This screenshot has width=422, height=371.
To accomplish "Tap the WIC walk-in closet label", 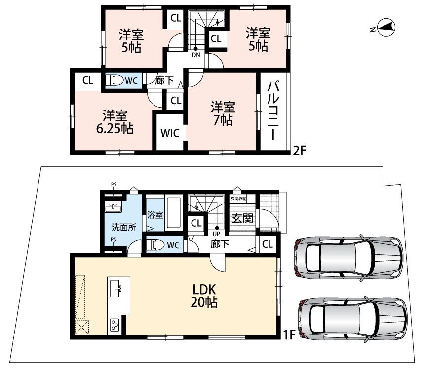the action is click(x=170, y=133).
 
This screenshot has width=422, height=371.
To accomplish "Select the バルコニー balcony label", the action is click(x=273, y=111).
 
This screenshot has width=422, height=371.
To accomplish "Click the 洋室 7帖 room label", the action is click(x=223, y=113).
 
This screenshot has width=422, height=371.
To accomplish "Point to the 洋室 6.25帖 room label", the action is click(x=115, y=122).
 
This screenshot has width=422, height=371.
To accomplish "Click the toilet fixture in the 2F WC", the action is click(x=114, y=80).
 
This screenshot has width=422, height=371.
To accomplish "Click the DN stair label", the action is click(x=196, y=55).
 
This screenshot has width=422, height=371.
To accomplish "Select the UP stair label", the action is click(x=216, y=234).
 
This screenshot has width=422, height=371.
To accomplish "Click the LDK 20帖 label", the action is click(x=204, y=296).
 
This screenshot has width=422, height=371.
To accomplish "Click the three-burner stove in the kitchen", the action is click(x=115, y=325).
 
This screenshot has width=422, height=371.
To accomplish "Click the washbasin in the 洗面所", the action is click(x=114, y=207).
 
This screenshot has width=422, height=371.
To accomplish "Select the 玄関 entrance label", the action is click(x=242, y=218).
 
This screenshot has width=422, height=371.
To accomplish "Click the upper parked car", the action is click(x=348, y=259).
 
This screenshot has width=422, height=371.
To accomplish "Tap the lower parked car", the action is click(x=352, y=319).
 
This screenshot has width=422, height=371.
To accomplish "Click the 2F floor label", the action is click(x=300, y=150).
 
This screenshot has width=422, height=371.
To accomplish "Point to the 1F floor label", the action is click(x=289, y=335).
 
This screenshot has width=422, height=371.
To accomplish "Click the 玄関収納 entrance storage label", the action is click(x=238, y=199).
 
